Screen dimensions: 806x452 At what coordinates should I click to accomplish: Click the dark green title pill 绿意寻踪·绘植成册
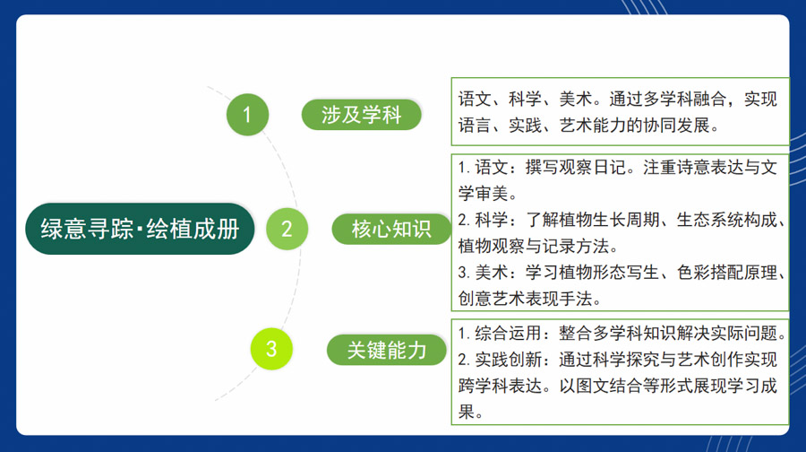[x=140, y=229]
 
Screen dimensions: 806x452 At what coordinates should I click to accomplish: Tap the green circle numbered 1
[x=247, y=114]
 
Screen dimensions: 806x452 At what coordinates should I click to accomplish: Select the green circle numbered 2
[x=287, y=229]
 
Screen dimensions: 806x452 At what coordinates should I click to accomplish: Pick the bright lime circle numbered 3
[x=271, y=349]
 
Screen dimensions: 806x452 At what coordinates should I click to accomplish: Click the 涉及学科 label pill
[x=362, y=114]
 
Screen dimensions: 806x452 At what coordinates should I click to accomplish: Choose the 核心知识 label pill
[x=391, y=229]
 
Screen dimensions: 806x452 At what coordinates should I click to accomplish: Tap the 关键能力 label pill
[x=387, y=350]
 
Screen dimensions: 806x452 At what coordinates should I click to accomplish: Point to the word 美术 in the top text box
[x=576, y=99]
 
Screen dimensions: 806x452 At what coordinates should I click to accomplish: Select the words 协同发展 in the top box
[x=676, y=125]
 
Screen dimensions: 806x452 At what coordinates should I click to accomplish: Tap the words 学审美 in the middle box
[x=484, y=194]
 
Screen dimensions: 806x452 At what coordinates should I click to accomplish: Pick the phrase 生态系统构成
[x=726, y=220]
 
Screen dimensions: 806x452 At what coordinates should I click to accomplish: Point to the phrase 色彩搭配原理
[x=726, y=273]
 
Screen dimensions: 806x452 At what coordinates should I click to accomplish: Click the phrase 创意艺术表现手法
[x=525, y=299]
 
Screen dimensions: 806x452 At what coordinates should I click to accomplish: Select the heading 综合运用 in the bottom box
[x=508, y=333]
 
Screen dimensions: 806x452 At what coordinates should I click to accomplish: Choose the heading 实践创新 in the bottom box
[x=508, y=360]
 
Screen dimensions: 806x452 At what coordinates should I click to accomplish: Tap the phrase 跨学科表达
[x=500, y=386]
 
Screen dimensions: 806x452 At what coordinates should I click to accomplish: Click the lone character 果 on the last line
[x=467, y=412]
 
